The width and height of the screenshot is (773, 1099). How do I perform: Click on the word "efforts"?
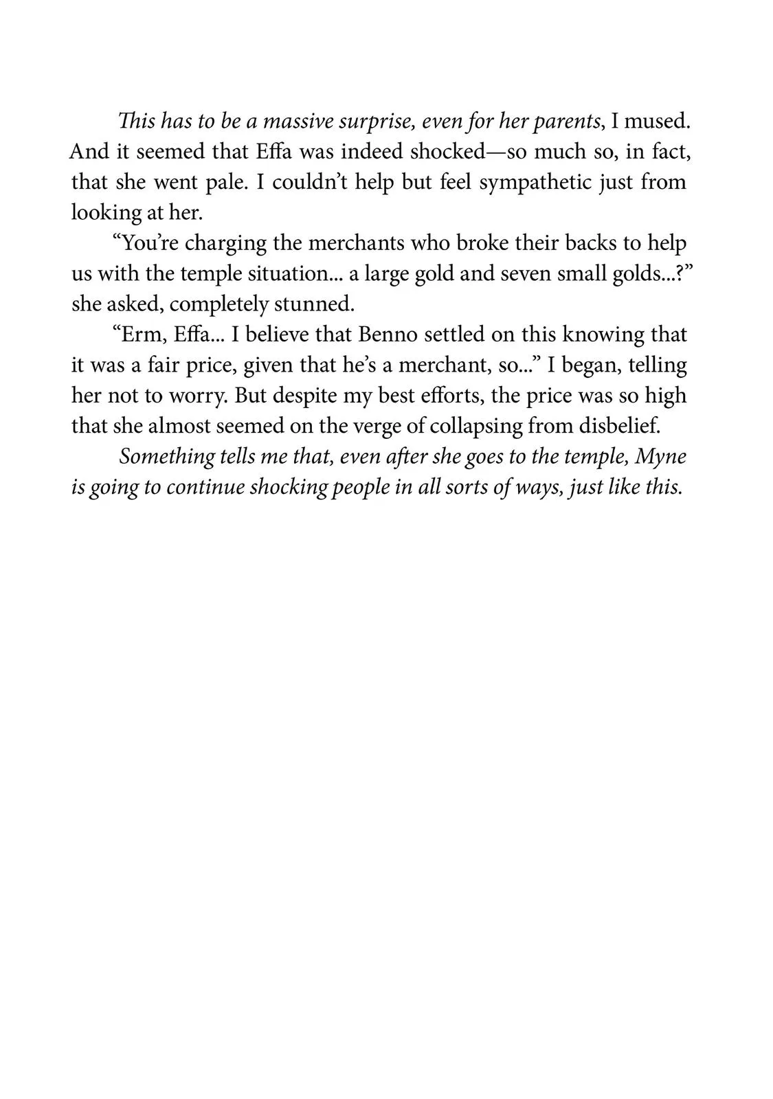coord(451,395)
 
